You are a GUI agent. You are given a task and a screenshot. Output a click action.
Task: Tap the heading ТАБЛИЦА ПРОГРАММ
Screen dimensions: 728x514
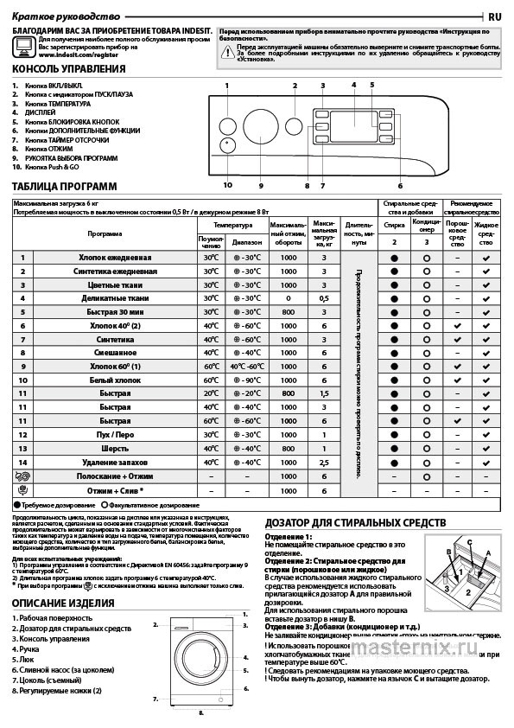64,187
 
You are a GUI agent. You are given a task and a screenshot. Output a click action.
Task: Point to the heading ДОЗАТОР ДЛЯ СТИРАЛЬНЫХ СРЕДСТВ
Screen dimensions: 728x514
355,523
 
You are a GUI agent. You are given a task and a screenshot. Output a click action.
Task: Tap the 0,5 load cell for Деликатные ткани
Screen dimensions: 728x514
325,298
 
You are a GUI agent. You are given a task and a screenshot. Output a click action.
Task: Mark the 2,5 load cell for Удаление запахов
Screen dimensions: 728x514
325,463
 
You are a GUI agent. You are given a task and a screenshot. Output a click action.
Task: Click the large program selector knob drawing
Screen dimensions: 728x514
259,125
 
